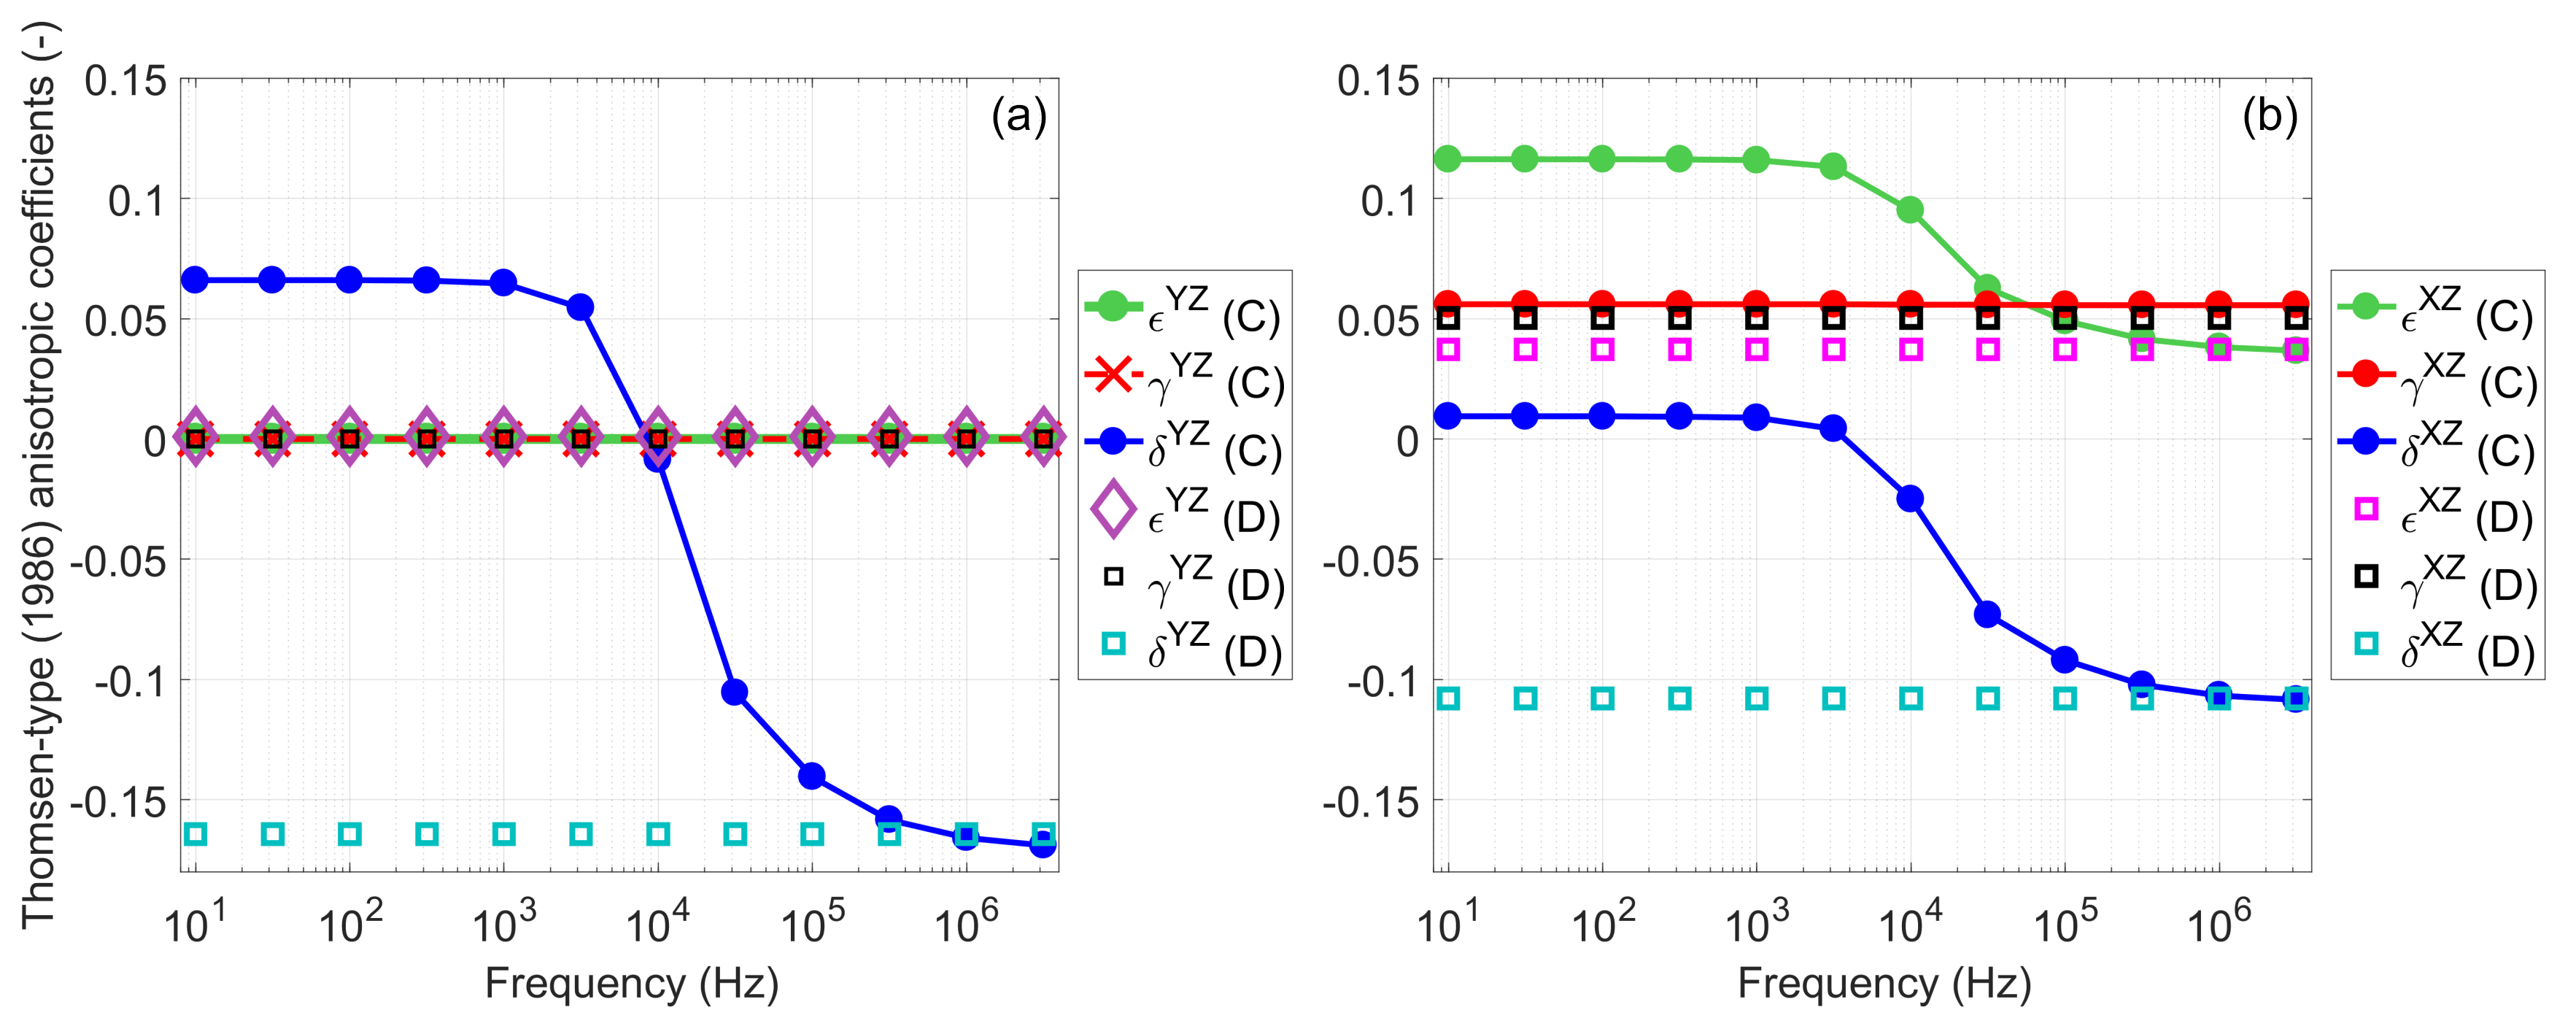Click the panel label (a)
pos(1018,117)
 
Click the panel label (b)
pos(2270,117)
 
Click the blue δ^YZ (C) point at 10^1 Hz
pos(196,280)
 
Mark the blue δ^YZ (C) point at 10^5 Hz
pos(813,776)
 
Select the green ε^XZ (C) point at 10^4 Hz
pos(1910,210)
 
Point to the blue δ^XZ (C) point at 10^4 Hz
pos(1910,498)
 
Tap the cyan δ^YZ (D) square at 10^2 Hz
pos(350,833)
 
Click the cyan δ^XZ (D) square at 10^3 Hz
pos(1757,699)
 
